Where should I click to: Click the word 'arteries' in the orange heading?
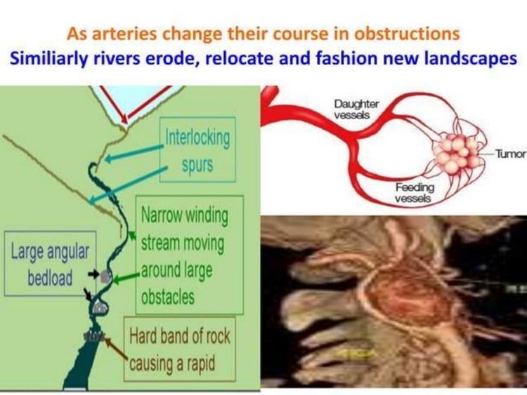124,34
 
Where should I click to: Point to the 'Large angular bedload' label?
50,263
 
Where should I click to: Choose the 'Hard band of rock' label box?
180,349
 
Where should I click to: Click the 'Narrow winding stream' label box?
190,255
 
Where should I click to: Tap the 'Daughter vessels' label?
356,109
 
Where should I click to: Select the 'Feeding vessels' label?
415,193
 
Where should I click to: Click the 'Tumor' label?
511,154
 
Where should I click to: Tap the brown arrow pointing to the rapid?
116,349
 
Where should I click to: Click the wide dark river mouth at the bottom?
79,369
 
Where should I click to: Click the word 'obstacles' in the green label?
168,297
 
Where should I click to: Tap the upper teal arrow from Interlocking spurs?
134,153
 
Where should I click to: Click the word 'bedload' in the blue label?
50,278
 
